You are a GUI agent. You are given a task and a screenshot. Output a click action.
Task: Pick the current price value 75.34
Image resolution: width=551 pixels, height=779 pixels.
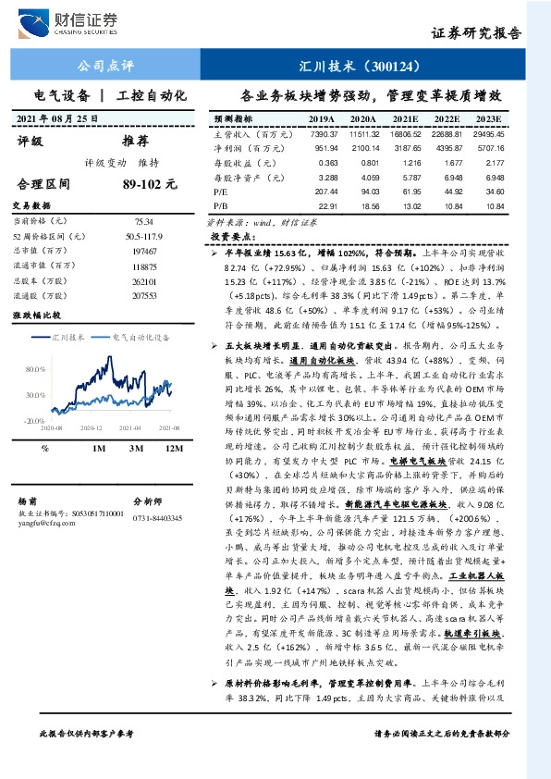(x=143, y=222)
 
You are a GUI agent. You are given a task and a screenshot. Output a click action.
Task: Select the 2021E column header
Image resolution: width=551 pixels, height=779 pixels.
(x=405, y=120)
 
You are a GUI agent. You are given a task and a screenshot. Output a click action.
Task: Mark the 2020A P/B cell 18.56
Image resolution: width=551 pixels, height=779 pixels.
(x=363, y=205)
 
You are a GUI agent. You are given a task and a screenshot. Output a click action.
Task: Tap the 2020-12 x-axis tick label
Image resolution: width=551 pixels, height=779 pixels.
(x=90, y=428)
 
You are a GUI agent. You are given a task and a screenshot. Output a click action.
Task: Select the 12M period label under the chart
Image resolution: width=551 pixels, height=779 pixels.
(x=170, y=448)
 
